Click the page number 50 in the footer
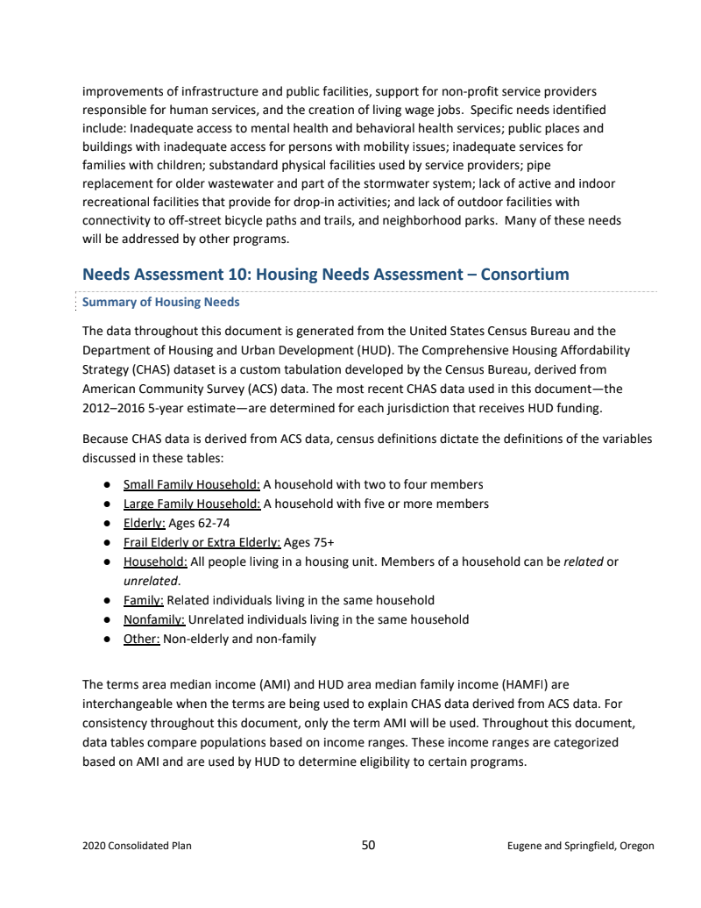point(368,845)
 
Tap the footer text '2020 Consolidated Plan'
point(137,847)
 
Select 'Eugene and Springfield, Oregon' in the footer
point(580,847)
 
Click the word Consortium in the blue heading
point(524,274)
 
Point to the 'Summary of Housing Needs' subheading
point(160,303)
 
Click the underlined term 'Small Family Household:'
point(191,484)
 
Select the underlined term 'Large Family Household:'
point(191,504)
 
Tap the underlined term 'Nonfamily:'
point(153,619)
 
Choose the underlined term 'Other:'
point(141,639)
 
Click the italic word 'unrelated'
point(150,581)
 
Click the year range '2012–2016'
point(113,408)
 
